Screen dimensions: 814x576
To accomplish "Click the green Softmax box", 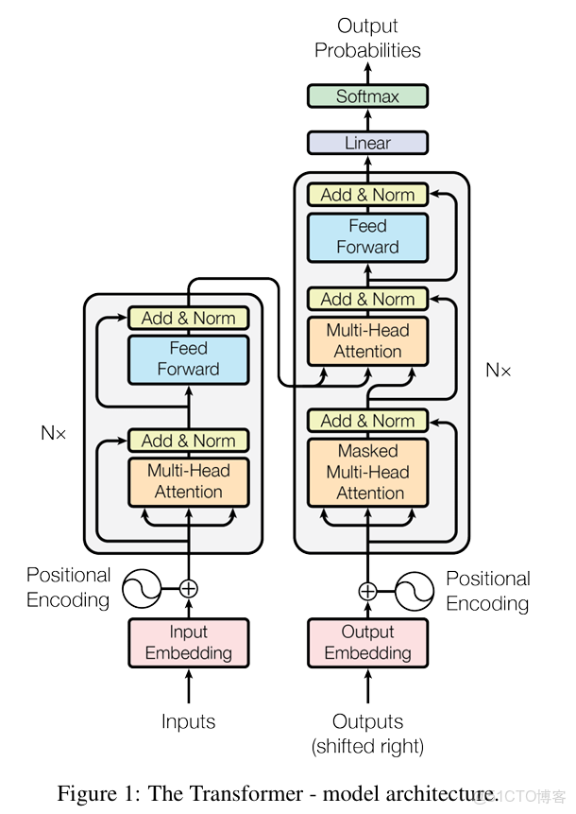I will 367,96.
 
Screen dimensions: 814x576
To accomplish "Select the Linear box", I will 367,143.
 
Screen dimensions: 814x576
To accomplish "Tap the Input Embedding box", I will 188,643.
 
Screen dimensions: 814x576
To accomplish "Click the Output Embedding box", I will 367,643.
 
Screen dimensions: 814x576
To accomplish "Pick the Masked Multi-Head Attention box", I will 367,472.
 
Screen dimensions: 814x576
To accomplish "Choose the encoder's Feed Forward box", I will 188,358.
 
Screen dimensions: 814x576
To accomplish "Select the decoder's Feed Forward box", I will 367,236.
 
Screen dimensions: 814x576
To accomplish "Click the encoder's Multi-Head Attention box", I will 188,481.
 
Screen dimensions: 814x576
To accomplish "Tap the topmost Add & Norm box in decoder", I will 367,195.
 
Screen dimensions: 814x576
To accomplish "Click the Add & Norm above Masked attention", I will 367,421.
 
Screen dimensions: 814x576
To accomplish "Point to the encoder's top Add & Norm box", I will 188,318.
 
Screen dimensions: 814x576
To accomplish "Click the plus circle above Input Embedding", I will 189,588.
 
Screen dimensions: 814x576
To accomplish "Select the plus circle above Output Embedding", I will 367,592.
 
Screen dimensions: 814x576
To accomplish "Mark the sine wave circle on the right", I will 415,592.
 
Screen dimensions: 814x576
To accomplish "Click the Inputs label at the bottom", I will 188,722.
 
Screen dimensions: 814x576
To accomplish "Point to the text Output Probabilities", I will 367,38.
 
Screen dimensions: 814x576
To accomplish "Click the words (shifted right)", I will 367,747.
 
